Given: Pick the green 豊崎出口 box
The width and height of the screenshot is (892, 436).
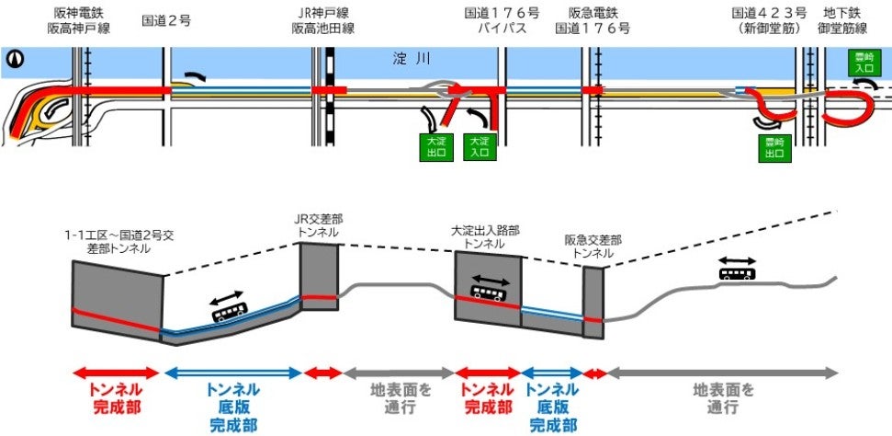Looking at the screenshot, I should point(776,149).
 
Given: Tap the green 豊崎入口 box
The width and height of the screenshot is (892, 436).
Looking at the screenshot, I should point(862,63).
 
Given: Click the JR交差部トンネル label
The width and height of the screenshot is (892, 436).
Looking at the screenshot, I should point(319,226).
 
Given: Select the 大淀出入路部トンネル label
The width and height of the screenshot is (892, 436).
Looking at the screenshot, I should point(485,236).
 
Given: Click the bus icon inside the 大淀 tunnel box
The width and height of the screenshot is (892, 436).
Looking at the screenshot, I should point(488,292).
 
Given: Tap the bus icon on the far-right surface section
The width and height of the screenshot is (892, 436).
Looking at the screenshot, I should point(737,272).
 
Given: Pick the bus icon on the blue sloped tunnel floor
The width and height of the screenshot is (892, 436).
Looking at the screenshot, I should point(228,314).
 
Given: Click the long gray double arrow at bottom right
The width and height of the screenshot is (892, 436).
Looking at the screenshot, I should point(721,373).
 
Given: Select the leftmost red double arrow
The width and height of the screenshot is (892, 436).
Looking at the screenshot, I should point(117,373).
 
